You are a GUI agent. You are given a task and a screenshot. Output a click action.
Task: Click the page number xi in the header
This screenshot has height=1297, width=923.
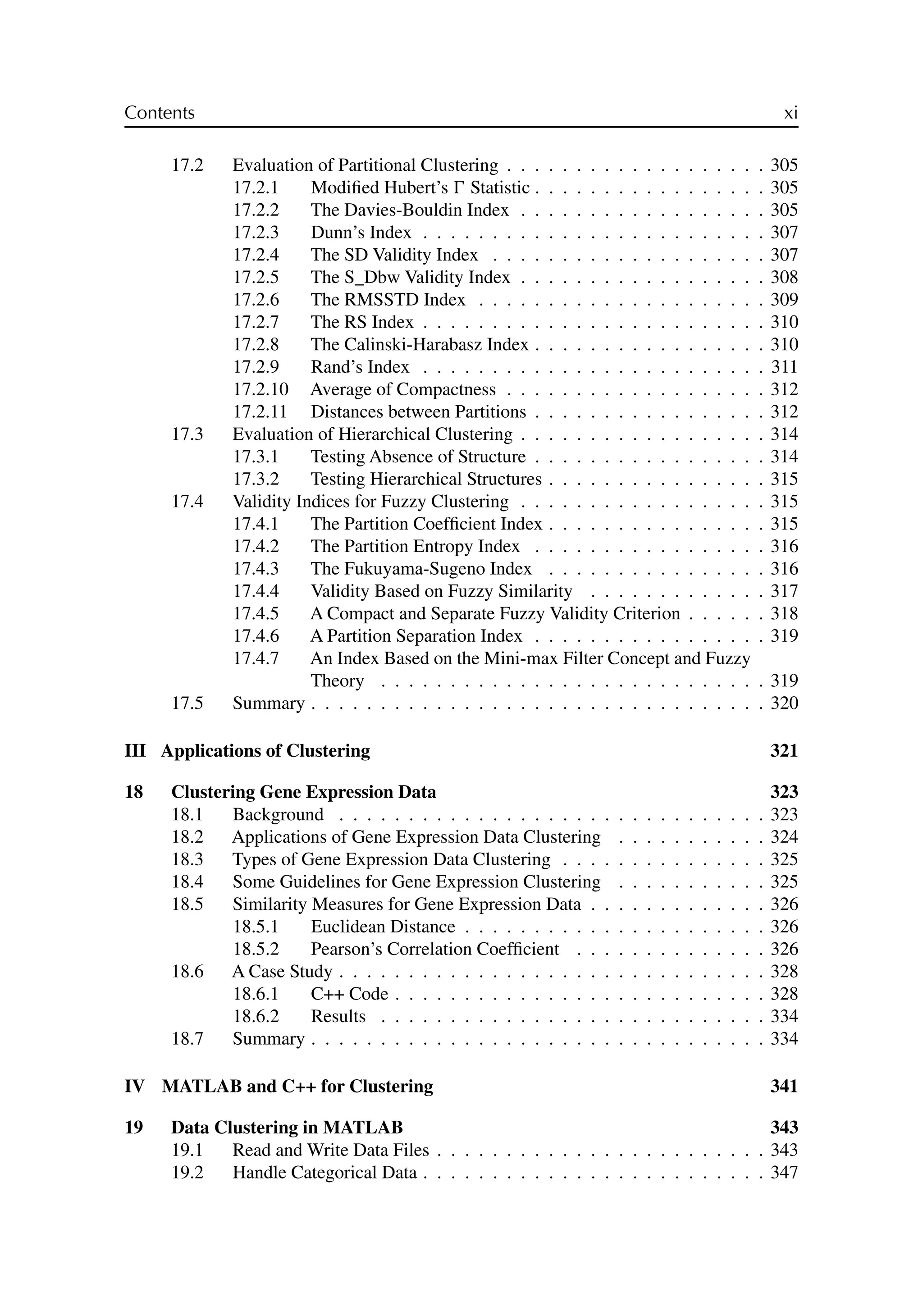point(790,114)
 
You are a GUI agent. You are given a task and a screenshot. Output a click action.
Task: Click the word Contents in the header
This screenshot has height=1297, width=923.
point(159,113)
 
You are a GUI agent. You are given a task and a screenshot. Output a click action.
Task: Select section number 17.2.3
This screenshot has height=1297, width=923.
point(256,233)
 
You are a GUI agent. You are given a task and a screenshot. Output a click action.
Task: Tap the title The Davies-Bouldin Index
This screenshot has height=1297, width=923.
point(409,210)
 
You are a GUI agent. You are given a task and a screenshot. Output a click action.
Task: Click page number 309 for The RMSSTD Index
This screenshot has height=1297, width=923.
point(784,300)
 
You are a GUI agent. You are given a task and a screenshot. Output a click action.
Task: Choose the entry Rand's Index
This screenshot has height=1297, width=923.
point(360,367)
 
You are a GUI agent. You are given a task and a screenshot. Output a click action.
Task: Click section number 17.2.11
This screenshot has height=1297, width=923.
point(260,412)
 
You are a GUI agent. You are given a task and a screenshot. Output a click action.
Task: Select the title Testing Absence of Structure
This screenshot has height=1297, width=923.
point(418,457)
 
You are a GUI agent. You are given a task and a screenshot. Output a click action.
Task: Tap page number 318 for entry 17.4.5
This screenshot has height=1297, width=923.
point(784,614)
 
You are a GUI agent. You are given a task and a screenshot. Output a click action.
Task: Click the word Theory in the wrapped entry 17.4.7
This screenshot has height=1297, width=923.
point(337,681)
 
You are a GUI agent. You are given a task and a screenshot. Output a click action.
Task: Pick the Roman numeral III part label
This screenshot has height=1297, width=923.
point(135,751)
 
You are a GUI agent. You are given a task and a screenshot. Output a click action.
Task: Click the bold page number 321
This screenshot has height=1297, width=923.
point(784,751)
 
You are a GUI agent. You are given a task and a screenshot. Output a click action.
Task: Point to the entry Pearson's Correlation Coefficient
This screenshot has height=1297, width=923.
point(435,949)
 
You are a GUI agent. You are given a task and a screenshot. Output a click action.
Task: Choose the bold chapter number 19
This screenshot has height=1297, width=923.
point(133,1128)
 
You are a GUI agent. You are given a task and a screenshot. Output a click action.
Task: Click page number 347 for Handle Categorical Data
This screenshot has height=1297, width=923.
point(784,1173)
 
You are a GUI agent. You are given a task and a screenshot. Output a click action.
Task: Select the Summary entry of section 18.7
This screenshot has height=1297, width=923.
point(268,1039)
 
